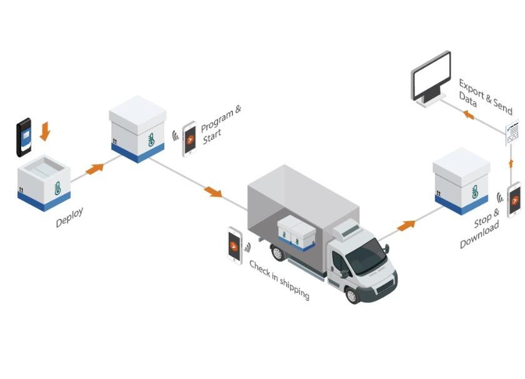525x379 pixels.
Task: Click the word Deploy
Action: point(69,217)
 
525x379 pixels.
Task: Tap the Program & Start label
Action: point(220,124)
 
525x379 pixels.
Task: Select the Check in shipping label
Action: point(279,280)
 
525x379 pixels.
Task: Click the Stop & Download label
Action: point(480,228)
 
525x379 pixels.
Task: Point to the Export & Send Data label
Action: point(485,97)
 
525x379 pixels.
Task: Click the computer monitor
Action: point(431,79)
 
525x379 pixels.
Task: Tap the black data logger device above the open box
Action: point(24,137)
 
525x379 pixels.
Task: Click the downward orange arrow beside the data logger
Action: point(45,131)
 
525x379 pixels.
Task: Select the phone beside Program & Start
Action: point(189,139)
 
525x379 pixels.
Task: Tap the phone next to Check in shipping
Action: point(235,245)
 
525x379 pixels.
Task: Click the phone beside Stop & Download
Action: point(514,200)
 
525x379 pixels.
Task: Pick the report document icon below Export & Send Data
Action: point(512,133)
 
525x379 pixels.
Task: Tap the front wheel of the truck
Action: point(352,296)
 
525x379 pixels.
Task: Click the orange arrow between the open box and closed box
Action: point(95,169)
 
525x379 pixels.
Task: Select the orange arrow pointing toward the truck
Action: point(213,192)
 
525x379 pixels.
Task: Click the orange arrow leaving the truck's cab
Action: point(406,226)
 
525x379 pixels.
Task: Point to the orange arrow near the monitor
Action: point(469,115)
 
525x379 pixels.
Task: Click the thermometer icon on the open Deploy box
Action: point(57,188)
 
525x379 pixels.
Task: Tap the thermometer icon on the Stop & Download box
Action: point(475,191)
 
